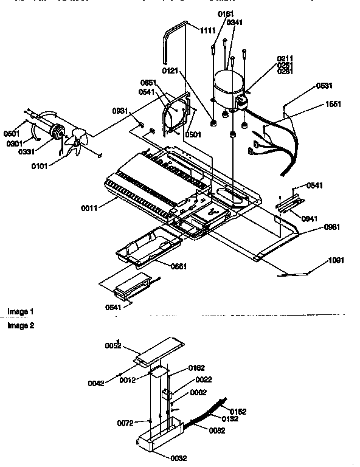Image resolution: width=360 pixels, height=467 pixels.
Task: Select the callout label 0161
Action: click(x=226, y=14)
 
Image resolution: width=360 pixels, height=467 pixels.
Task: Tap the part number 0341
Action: click(x=235, y=22)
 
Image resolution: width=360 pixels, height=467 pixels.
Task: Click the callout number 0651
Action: click(x=148, y=83)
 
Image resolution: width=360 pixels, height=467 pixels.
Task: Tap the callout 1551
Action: click(x=333, y=103)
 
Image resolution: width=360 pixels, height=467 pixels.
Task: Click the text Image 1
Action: click(x=21, y=312)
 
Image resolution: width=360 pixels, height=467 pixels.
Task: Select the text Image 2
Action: click(x=21, y=326)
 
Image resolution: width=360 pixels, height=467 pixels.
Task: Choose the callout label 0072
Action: click(x=125, y=422)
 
